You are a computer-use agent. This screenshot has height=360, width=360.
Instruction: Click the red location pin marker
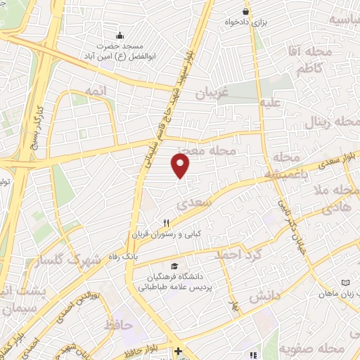point(181,166)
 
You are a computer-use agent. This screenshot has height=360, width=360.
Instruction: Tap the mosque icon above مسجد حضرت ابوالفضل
point(120,34)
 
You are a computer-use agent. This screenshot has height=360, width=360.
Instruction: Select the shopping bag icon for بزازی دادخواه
point(245,11)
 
